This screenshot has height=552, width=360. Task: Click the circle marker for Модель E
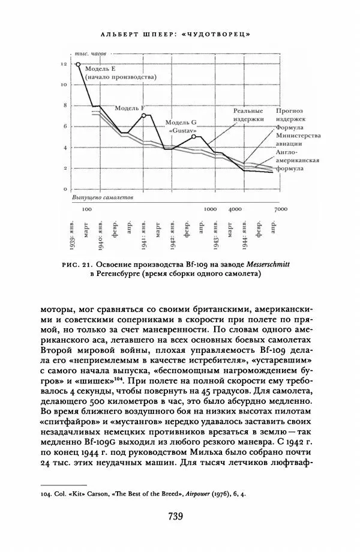(x=78, y=64)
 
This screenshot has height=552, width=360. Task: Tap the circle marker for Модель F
(x=143, y=115)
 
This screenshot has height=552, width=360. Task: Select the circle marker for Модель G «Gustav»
(x=194, y=137)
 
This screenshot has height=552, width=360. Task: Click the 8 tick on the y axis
(x=64, y=106)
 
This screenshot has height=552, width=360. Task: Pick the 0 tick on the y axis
(x=64, y=190)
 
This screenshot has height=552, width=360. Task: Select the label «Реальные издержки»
(x=249, y=115)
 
